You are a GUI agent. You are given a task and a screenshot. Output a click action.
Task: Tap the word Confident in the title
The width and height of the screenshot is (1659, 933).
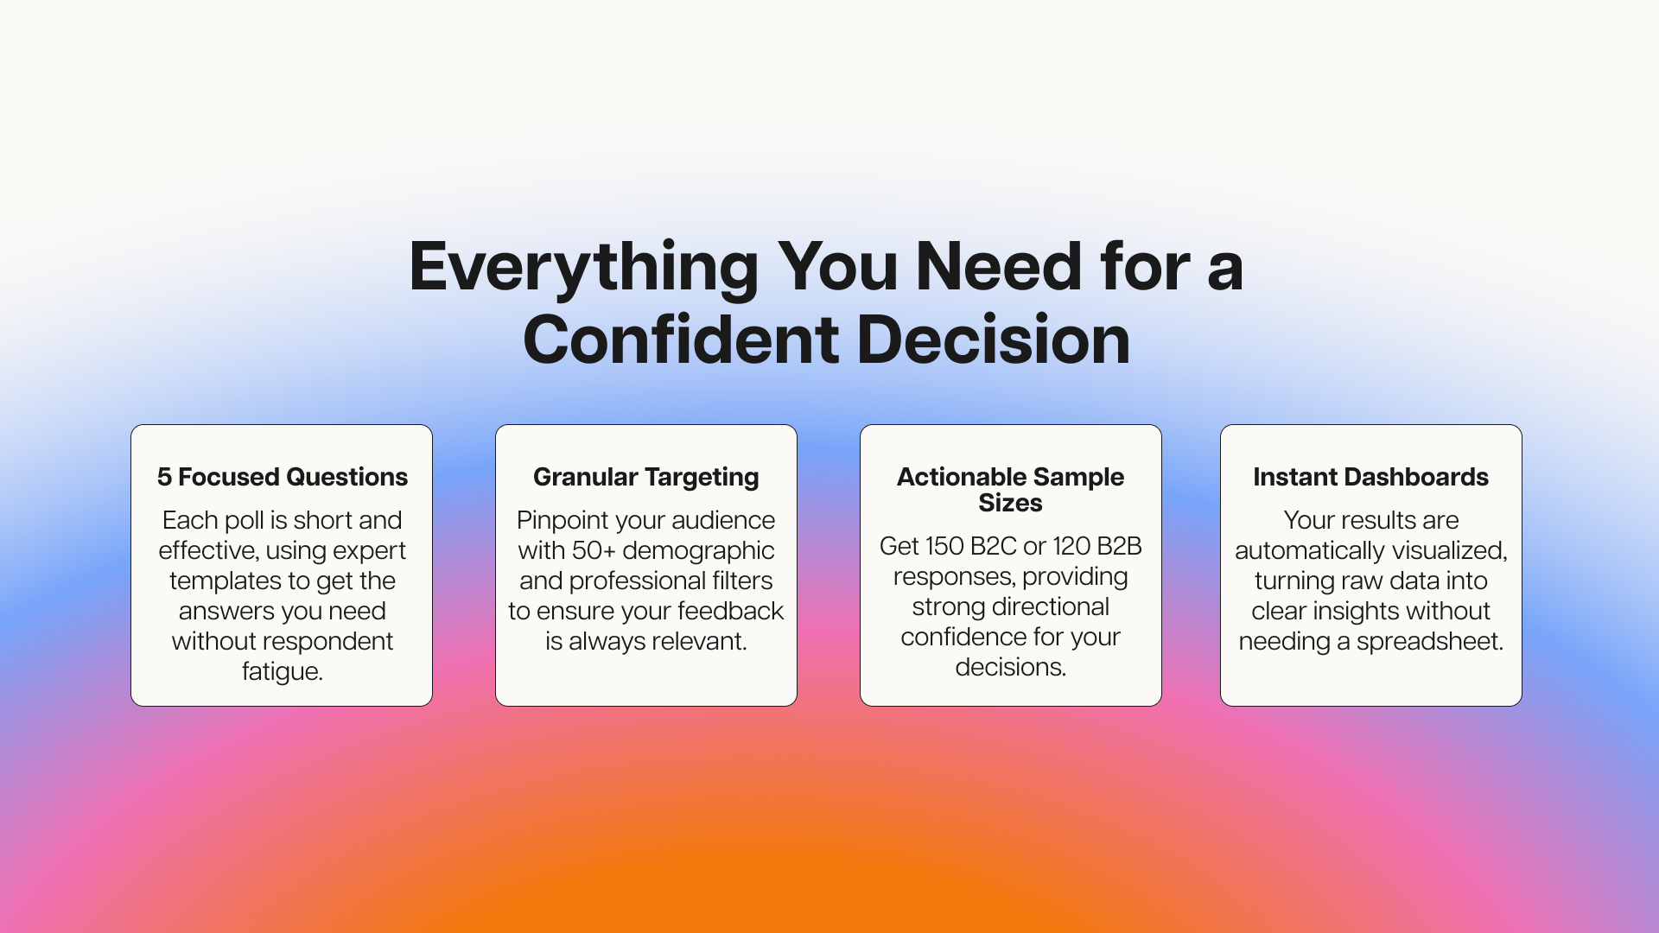tap(681, 340)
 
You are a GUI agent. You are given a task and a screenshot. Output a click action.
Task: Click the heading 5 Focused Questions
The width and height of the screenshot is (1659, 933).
tap(283, 477)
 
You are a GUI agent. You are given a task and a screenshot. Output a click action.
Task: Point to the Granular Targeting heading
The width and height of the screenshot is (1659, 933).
tap(646, 478)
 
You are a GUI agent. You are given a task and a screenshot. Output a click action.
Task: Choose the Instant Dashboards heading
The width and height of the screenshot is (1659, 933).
tap(1371, 477)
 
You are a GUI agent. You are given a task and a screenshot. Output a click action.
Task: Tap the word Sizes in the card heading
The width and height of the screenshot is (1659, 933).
tap(1010, 503)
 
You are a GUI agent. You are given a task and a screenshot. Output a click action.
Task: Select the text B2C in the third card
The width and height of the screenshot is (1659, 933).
tap(994, 546)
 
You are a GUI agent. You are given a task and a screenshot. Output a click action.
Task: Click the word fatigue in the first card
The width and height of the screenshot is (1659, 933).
tap(283, 672)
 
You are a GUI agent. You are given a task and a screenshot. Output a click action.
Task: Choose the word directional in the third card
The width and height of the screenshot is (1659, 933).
tap(1051, 606)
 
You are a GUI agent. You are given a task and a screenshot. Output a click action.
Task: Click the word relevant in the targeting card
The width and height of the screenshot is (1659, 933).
tap(700, 641)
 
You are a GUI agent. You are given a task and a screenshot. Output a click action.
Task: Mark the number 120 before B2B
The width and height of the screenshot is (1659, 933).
tap(1071, 546)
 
